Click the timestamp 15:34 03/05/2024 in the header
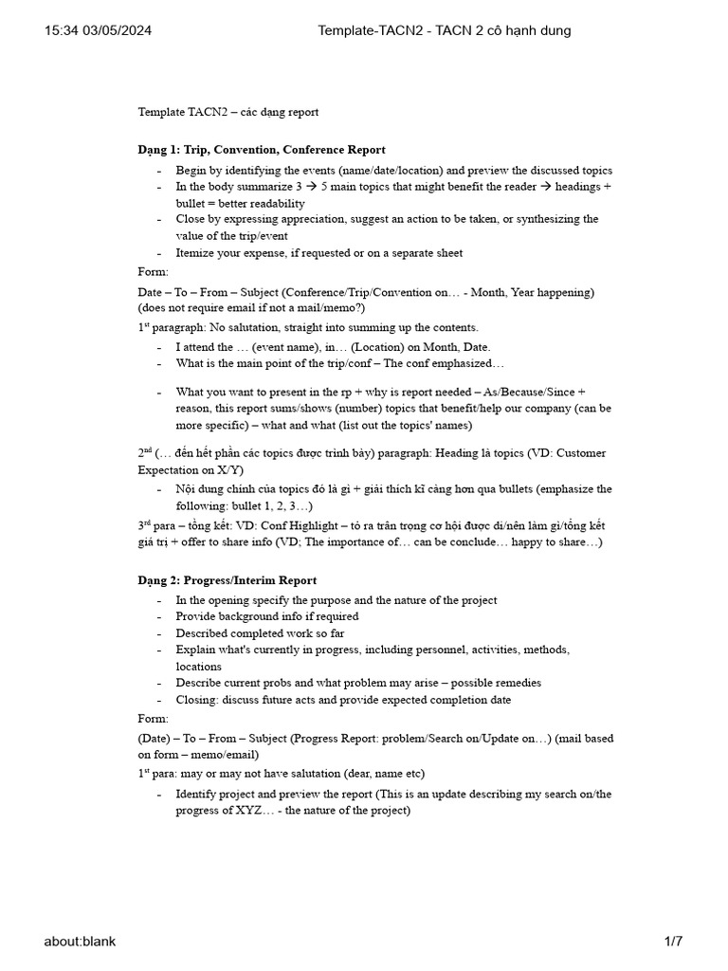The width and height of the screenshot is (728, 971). (x=98, y=31)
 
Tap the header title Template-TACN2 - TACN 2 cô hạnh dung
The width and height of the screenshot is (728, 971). (x=444, y=31)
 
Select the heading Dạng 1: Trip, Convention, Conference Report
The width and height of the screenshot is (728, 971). (x=262, y=150)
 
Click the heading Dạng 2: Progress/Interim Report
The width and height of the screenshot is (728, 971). (x=227, y=580)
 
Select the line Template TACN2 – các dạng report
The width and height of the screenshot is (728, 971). (x=228, y=112)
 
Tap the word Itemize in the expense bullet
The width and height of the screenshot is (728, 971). (x=197, y=253)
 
